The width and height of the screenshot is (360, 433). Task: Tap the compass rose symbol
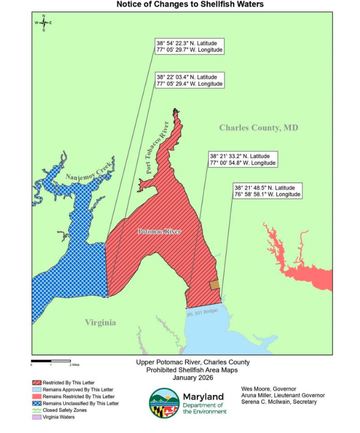[43, 23]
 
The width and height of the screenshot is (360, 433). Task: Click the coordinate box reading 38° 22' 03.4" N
[189, 80]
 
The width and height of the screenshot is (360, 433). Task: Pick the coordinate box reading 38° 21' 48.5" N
[267, 191]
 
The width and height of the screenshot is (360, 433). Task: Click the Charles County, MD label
[258, 128]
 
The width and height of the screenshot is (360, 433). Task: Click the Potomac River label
[159, 232]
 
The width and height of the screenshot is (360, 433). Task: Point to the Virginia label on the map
[100, 322]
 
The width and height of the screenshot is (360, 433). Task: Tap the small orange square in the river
[214, 285]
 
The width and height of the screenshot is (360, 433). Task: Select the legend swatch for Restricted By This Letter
[36, 383]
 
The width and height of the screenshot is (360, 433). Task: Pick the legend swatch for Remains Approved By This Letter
[36, 390]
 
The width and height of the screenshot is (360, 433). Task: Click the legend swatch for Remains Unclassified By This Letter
[36, 403]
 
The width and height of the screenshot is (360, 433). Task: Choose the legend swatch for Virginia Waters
[36, 417]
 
